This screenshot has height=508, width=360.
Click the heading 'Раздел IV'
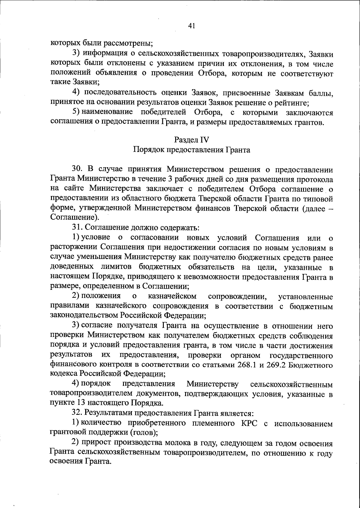tap(191, 140)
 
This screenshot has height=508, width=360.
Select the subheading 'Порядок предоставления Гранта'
tap(192, 150)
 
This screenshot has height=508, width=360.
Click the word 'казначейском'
tap(172, 296)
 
